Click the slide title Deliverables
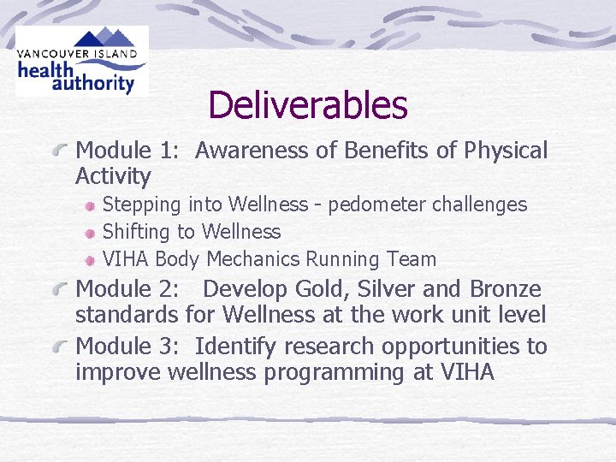coord(307,105)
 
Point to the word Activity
coord(113,177)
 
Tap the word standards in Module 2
coord(127,315)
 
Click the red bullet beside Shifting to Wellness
coord(89,233)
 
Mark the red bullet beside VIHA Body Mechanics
coord(89,260)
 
